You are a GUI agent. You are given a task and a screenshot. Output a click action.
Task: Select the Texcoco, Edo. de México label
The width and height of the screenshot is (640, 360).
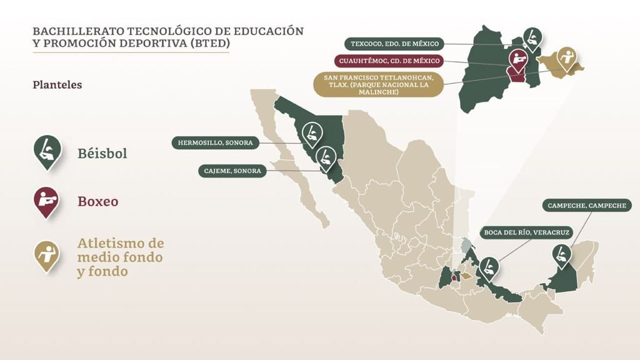(395, 44)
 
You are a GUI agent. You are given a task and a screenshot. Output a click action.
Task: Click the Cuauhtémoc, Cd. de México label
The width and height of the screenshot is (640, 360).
(389, 61)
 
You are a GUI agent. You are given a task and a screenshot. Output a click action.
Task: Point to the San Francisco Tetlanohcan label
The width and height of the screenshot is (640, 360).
(377, 84)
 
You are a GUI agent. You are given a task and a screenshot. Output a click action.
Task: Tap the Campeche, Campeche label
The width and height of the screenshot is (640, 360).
(586, 205)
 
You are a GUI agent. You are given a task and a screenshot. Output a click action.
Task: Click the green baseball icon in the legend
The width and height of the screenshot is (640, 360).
(47, 151)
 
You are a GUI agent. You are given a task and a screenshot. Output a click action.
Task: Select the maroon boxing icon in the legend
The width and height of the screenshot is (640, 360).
(47, 201)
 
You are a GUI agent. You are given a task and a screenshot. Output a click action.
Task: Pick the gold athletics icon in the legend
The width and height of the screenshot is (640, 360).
(47, 254)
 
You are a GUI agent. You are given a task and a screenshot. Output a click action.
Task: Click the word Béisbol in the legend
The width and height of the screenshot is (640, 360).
(102, 153)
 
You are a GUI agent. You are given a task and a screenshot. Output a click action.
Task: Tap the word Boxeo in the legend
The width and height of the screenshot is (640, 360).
(97, 202)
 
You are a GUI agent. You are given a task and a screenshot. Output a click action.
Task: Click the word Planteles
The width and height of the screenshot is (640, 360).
(57, 84)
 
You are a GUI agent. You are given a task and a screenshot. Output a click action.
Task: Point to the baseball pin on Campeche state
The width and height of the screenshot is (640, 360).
(561, 255)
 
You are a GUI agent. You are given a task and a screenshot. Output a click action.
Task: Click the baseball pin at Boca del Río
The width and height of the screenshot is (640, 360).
(490, 267)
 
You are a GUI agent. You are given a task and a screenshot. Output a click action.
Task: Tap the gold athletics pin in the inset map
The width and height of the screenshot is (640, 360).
(567, 58)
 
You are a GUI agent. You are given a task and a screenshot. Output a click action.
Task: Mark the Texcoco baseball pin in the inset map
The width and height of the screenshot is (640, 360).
(531, 37)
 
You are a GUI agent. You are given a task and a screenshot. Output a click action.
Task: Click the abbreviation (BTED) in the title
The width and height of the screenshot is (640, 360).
(211, 44)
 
